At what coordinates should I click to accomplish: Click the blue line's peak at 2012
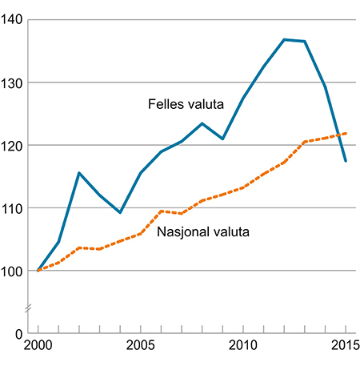tap(283, 39)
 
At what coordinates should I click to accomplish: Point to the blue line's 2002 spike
tap(78, 173)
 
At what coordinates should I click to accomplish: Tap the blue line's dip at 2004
tap(119, 212)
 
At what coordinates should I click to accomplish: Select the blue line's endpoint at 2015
tap(345, 161)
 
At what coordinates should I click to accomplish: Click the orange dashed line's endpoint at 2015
tap(345, 134)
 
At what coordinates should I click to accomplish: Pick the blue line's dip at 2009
tap(222, 139)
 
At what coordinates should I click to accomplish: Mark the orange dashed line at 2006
tap(161, 211)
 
